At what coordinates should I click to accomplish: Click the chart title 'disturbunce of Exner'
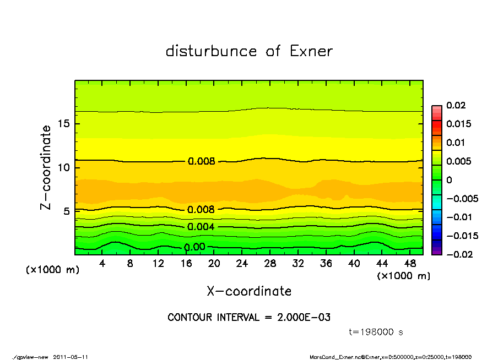[x=249, y=51]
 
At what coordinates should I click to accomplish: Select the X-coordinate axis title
[x=249, y=291]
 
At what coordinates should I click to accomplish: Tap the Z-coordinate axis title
[x=46, y=167]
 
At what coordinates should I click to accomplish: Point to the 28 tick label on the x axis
[x=270, y=264]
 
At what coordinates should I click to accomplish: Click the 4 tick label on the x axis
[x=102, y=264]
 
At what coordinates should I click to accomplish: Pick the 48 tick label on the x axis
[x=410, y=264]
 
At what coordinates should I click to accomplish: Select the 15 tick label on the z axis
[x=63, y=123]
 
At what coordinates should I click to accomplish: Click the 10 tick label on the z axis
[x=63, y=167]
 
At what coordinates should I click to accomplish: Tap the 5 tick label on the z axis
[x=67, y=211]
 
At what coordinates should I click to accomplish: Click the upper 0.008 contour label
[x=201, y=161]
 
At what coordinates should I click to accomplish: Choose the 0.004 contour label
[x=201, y=227]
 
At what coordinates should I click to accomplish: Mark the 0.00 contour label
[x=194, y=247]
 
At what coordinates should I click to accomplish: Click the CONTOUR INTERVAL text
[x=249, y=318]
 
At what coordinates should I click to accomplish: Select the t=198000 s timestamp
[x=377, y=332]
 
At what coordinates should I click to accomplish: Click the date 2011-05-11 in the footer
[x=71, y=357]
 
